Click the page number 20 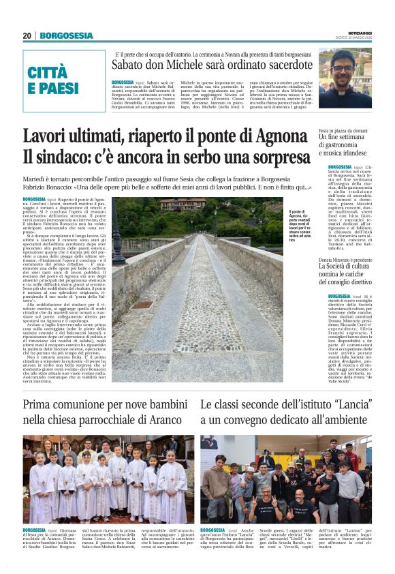(x=27, y=35)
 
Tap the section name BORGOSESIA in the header (x=66, y=35)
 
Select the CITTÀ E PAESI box (x=54, y=80)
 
